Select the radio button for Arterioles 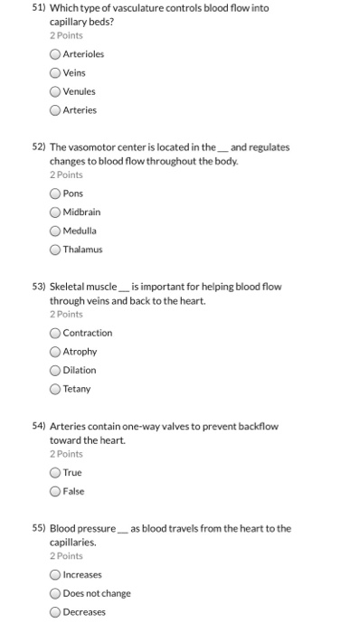pos(55,54)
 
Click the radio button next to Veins pos(55,73)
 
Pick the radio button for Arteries pos(55,110)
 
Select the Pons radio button pos(55,193)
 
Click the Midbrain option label pos(81,212)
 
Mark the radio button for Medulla pos(55,230)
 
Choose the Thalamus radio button pos(55,249)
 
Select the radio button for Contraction pos(55,333)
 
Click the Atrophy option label pos(80,351)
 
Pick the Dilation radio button pos(55,370)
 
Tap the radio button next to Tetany pos(55,389)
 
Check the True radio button pos(55,472)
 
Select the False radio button pos(55,491)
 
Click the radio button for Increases pos(55,575)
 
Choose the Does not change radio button pos(55,593)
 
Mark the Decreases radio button pos(55,612)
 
